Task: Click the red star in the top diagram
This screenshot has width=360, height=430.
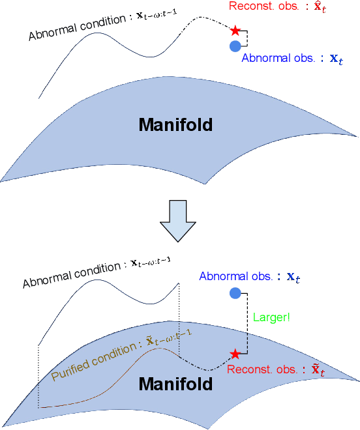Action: pos(235,30)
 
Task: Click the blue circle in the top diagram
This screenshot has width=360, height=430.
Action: pos(235,46)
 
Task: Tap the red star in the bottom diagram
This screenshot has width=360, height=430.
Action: pos(235,354)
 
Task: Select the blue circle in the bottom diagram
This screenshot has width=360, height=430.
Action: pos(235,293)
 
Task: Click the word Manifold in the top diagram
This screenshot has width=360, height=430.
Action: pos(175,124)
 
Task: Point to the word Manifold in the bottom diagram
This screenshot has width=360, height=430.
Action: pos(175,384)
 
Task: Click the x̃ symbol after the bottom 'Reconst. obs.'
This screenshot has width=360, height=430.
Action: pos(318,369)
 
